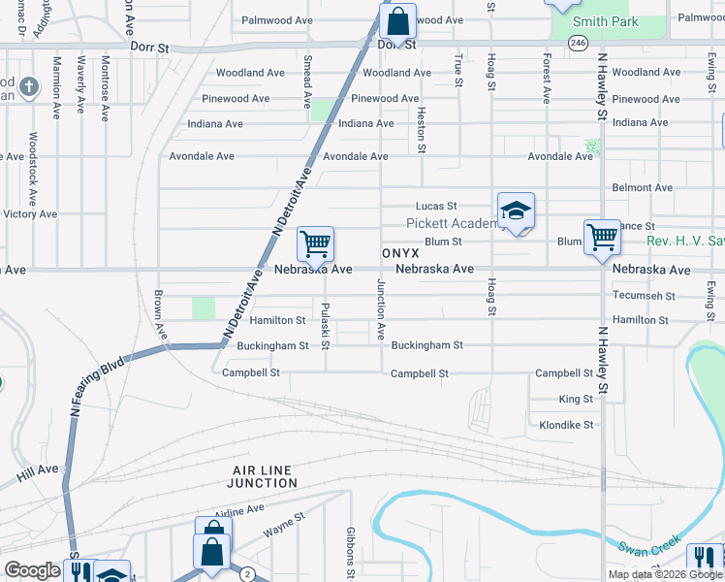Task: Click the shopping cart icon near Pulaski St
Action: pos(315,242)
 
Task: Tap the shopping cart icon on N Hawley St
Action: pos(602,236)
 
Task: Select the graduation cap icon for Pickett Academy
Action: pos(516,210)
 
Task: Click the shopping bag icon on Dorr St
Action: pos(397,20)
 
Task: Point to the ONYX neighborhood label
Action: pos(399,251)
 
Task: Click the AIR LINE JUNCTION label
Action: pos(264,476)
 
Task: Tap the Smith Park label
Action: pos(606,21)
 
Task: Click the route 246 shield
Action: pos(579,44)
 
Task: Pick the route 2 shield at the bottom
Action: pos(248,574)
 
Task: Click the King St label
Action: pos(576,399)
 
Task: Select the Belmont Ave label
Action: pos(642,187)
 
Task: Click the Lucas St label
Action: pos(435,206)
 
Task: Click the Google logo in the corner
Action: pos(32,570)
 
